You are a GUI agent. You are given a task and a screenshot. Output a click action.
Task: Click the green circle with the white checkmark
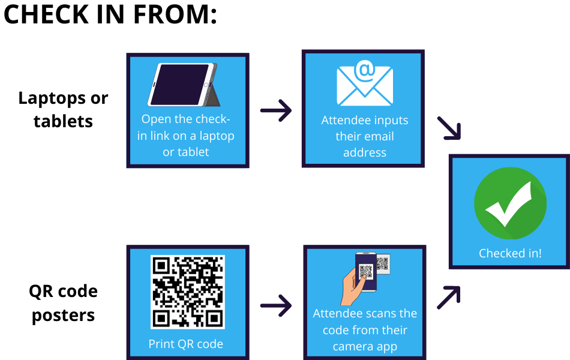pyautogui.click(x=510, y=203)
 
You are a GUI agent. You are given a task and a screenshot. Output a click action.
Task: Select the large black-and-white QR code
pyautogui.click(x=187, y=292)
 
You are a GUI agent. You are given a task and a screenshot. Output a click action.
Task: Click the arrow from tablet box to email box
pyautogui.click(x=275, y=111)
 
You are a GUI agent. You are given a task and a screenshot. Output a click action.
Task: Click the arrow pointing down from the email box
pyautogui.click(x=449, y=128)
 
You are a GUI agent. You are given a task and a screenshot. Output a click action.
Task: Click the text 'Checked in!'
pyautogui.click(x=510, y=253)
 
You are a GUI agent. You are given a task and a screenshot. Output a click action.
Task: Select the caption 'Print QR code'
pyautogui.click(x=186, y=344)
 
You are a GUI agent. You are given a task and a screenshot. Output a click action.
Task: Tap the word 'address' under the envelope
pyautogui.click(x=364, y=152)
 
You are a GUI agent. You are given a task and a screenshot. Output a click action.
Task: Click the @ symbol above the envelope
pyautogui.click(x=364, y=70)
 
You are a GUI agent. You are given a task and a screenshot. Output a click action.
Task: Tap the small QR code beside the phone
pyautogui.click(x=383, y=263)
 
